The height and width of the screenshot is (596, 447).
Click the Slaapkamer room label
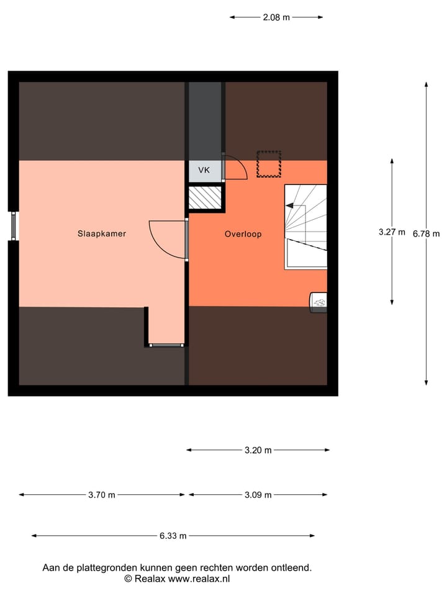pyautogui.click(x=102, y=234)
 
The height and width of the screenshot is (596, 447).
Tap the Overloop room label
pyautogui.click(x=243, y=234)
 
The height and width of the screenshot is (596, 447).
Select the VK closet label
pyautogui.click(x=204, y=170)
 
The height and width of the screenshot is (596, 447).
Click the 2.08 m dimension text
pyautogui.click(x=276, y=17)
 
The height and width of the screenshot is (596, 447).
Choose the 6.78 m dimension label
pyautogui.click(x=426, y=233)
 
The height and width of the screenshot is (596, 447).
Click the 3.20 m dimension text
pyautogui.click(x=258, y=450)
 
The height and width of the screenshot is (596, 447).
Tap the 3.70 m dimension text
pyautogui.click(x=102, y=495)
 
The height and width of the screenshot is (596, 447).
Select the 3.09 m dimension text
pyautogui.click(x=258, y=495)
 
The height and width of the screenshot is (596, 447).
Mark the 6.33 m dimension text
pyautogui.click(x=173, y=536)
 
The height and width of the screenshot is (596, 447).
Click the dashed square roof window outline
pyautogui.click(x=269, y=164)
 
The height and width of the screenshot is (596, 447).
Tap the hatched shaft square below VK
pyautogui.click(x=205, y=198)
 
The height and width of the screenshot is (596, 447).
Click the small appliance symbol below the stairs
pyautogui.click(x=318, y=302)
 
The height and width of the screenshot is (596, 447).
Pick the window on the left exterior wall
pyautogui.click(x=14, y=225)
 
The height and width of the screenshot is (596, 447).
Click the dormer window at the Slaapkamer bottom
pyautogui.click(x=166, y=344)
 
